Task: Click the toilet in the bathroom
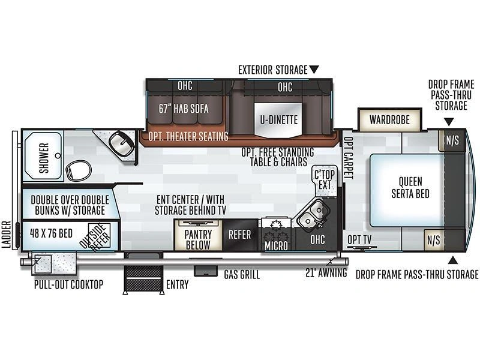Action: point(79,171)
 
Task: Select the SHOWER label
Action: point(44,158)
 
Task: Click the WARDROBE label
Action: point(389,119)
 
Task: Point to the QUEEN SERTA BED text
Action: point(410,187)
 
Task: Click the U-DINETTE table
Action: point(278,120)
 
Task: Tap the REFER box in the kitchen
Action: point(240,235)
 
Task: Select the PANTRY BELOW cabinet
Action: point(198,235)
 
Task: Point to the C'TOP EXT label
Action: point(325,180)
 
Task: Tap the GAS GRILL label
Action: point(242,275)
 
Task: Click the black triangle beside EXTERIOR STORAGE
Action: point(314,69)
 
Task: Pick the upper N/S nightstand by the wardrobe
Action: point(452,140)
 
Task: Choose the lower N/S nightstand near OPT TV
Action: point(434,240)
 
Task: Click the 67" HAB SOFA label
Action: point(184,109)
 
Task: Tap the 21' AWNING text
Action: point(326,273)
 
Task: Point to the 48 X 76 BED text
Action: point(51,233)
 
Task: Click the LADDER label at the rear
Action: point(7,235)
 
